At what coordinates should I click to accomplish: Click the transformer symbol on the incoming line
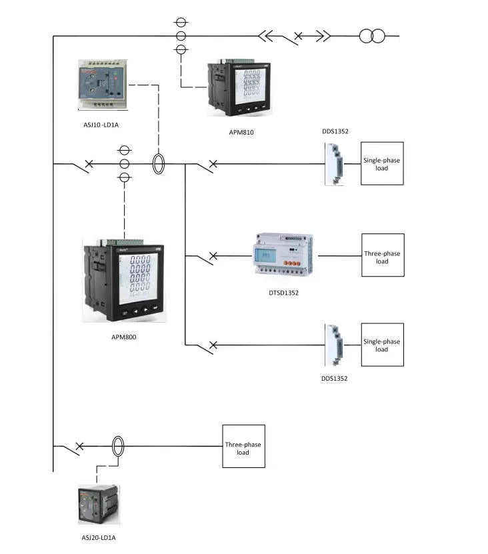point(371,35)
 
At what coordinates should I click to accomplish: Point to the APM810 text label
point(241,132)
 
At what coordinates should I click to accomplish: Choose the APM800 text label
point(124,337)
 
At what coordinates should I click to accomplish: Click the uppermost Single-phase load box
point(382,164)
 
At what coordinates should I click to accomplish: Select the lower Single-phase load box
point(382,345)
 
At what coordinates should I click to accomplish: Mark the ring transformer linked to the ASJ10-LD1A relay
point(159,164)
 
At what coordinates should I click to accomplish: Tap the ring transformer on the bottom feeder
point(118,447)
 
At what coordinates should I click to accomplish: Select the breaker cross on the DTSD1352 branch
point(213,255)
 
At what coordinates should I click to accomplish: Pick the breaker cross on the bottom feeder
point(79,445)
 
